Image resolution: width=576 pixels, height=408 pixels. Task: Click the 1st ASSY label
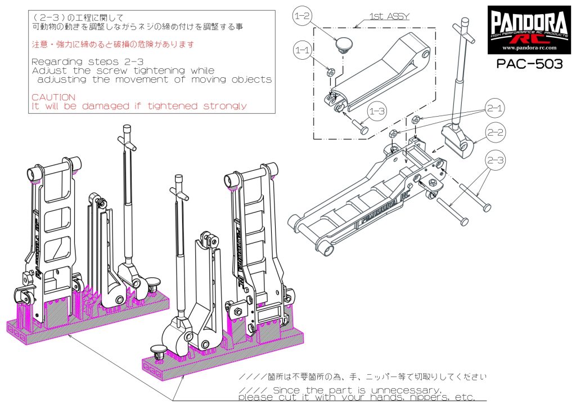[x=389, y=17]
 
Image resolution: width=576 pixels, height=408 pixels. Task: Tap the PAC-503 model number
[x=529, y=64]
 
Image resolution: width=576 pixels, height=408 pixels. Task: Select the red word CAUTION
[x=53, y=97]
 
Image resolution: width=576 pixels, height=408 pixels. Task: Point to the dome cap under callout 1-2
[x=341, y=43]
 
